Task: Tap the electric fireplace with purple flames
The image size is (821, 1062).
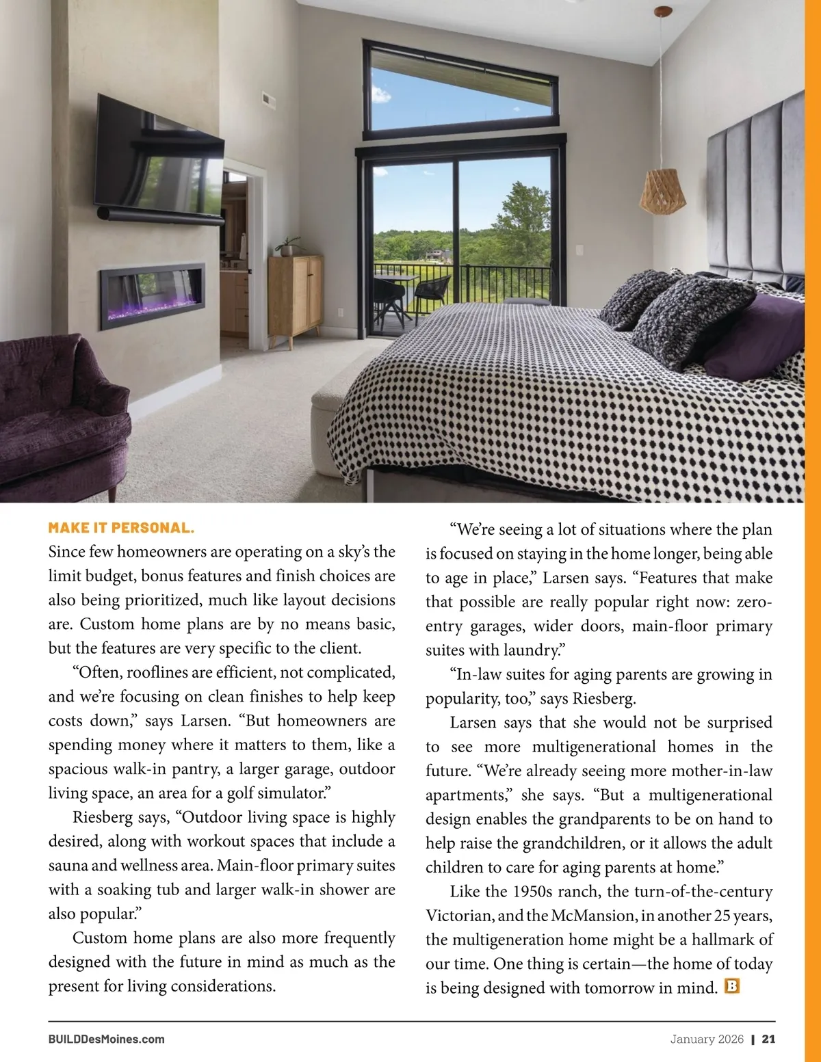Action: (x=152, y=294)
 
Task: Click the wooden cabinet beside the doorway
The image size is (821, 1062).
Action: (x=296, y=297)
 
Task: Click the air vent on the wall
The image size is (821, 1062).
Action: (x=268, y=101)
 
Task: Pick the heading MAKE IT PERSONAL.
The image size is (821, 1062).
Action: (x=121, y=528)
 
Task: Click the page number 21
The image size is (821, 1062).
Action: (x=768, y=1039)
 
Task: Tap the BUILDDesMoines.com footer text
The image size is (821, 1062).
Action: (x=107, y=1039)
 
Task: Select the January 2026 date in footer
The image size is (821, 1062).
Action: (x=707, y=1039)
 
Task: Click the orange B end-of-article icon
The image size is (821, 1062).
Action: (x=732, y=986)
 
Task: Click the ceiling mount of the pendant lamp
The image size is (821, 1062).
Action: (x=662, y=12)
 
